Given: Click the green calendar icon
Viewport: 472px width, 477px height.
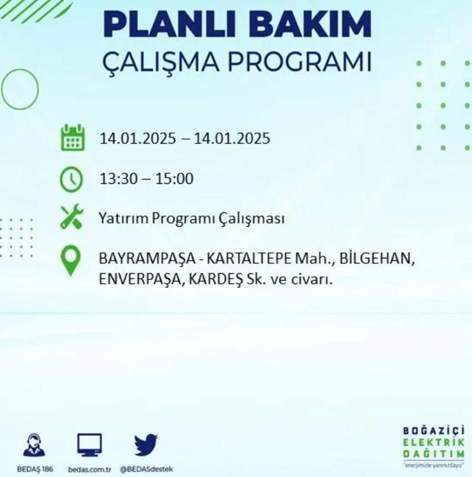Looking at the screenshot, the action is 73,138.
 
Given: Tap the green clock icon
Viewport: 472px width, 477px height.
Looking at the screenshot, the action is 71,179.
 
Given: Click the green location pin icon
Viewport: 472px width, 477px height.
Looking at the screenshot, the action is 71,261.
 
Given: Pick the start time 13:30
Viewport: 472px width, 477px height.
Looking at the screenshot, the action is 119,179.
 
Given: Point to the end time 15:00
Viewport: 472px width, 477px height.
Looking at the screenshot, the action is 175,179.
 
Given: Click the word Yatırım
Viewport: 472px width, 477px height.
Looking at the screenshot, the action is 123,219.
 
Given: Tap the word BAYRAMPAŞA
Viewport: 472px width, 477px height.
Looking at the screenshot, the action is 147,260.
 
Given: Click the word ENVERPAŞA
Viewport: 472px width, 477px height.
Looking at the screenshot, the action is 140,279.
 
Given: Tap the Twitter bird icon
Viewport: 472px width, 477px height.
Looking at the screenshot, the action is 146,445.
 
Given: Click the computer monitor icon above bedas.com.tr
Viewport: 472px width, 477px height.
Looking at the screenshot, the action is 89,445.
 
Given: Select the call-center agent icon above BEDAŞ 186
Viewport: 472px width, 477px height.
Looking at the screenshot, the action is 34,445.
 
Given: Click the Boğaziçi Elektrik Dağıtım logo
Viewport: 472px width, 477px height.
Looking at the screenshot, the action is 433,447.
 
